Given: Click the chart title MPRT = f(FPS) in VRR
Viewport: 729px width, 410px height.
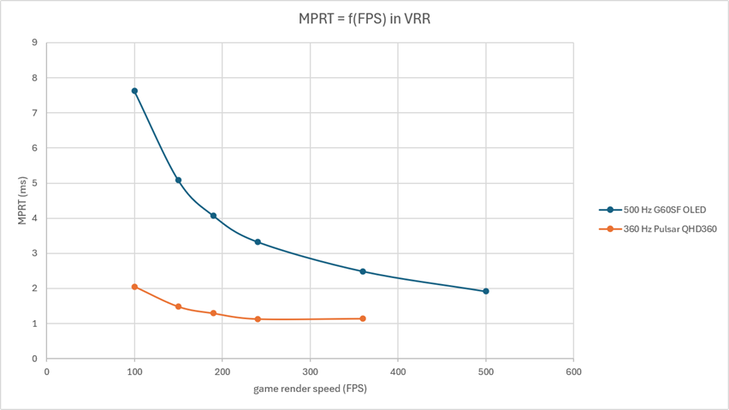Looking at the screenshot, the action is click(364, 19).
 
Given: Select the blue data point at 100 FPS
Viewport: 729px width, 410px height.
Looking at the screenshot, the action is click(134, 91).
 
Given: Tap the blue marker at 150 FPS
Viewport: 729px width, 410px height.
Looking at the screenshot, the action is click(178, 180).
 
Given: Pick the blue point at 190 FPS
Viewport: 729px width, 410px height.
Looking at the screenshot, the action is click(213, 216).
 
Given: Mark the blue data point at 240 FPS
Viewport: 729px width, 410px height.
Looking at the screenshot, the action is click(258, 242).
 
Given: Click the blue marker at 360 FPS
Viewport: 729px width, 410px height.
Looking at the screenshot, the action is click(363, 271).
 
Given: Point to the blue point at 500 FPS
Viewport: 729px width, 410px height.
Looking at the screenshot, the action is click(486, 291).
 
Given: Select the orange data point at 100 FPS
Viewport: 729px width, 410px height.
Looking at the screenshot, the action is click(134, 287).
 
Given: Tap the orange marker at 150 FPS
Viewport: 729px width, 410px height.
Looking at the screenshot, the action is click(178, 306).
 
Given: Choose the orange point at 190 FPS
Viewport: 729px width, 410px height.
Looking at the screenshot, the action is click(213, 313).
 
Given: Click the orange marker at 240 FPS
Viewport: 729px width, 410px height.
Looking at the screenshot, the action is click(258, 319).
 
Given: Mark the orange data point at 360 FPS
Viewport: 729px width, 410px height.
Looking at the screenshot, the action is click(363, 318).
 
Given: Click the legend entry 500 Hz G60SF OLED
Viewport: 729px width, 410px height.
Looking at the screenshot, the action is click(652, 210).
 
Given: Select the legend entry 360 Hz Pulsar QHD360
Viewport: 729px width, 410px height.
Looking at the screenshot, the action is click(658, 229).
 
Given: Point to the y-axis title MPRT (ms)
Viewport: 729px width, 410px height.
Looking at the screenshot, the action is click(22, 200).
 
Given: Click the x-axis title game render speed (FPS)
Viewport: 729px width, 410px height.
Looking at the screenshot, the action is click(310, 389).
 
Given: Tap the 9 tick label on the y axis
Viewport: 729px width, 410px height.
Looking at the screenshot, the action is click(35, 43).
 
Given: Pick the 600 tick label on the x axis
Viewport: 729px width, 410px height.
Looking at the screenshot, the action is click(573, 371).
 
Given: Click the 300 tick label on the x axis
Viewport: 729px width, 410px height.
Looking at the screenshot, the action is click(310, 371).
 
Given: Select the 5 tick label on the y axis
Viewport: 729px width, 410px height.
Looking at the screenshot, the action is click(35, 183).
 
